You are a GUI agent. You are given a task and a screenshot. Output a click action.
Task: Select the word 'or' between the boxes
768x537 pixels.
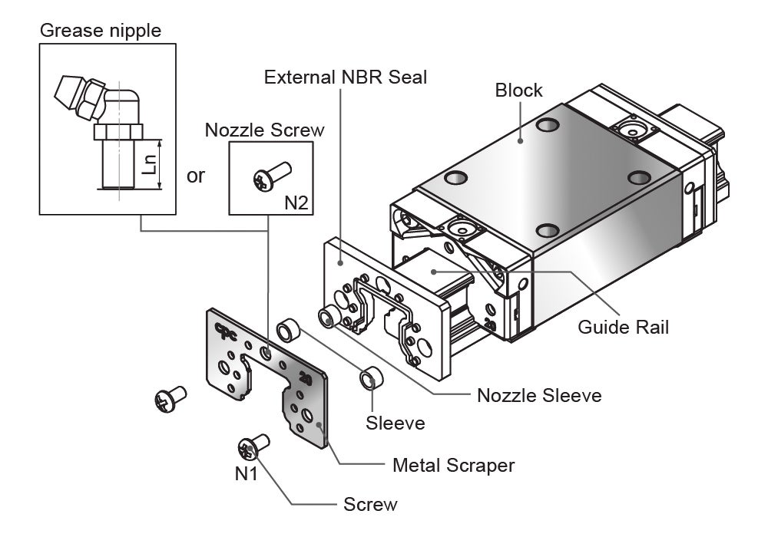(197, 176)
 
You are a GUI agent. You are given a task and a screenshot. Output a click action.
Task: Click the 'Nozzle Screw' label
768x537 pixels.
(264, 129)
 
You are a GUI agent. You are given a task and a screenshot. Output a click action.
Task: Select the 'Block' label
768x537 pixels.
(518, 90)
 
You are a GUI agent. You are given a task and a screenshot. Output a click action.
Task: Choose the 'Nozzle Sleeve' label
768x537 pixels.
(539, 396)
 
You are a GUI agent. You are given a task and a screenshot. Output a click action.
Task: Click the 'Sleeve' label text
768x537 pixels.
(395, 423)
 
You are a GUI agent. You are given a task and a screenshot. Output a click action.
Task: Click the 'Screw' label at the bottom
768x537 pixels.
(370, 504)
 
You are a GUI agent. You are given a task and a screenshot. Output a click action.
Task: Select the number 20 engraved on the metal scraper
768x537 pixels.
(304, 378)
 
